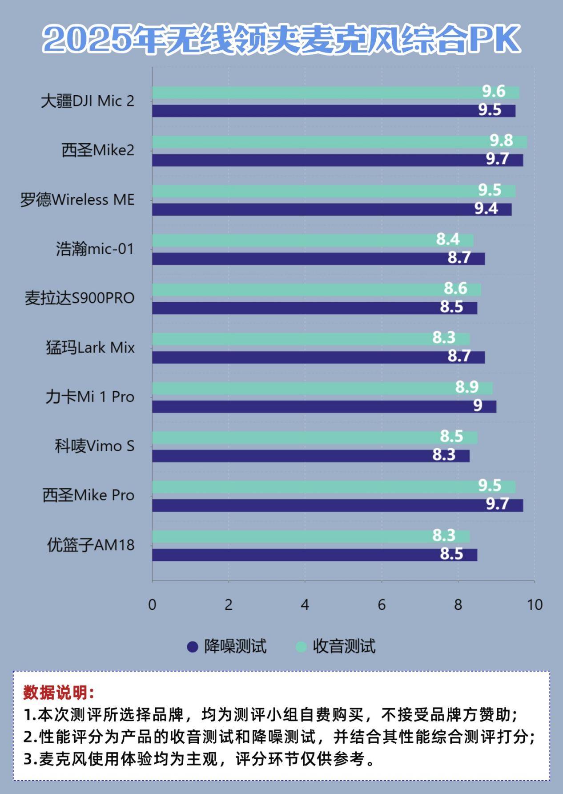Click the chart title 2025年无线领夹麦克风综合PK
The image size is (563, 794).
(x=281, y=40)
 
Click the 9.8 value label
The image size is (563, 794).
(x=501, y=141)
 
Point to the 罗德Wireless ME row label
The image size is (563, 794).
(x=77, y=200)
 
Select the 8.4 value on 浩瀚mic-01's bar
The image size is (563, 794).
(x=447, y=239)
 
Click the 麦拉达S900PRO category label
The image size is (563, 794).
(x=80, y=298)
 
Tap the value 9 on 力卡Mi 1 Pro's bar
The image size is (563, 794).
(x=478, y=405)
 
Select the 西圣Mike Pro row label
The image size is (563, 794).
(x=88, y=495)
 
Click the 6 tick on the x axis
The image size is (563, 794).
(x=382, y=605)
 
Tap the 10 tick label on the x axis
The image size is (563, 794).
(x=535, y=605)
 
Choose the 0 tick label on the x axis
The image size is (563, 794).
(x=152, y=605)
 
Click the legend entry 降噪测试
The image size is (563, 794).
(x=235, y=646)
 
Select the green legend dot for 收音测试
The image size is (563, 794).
(x=302, y=647)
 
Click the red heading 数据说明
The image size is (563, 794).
(x=58, y=693)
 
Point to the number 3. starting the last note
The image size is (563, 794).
(x=30, y=759)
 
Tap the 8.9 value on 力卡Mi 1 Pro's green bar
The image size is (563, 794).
(x=466, y=387)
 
